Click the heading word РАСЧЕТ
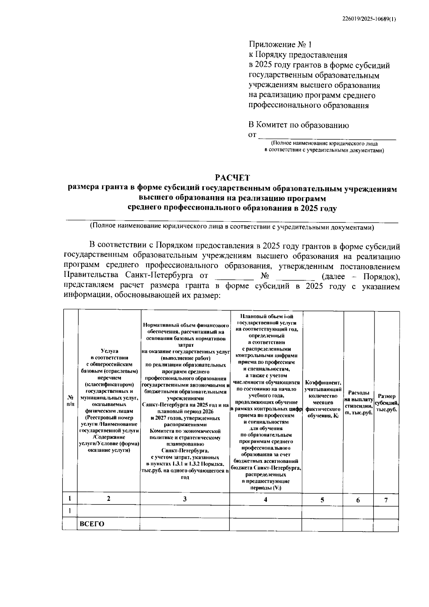[233, 178]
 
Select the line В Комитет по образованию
[299, 125]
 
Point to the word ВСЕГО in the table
[92, 524]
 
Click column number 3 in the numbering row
[184, 499]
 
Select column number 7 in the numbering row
[386, 500]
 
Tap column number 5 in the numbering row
[322, 500]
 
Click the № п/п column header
[70, 401]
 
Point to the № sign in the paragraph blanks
[265, 277]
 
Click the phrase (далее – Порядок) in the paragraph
[360, 277]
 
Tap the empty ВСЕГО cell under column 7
[386, 524]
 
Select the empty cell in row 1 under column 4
[265, 512]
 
